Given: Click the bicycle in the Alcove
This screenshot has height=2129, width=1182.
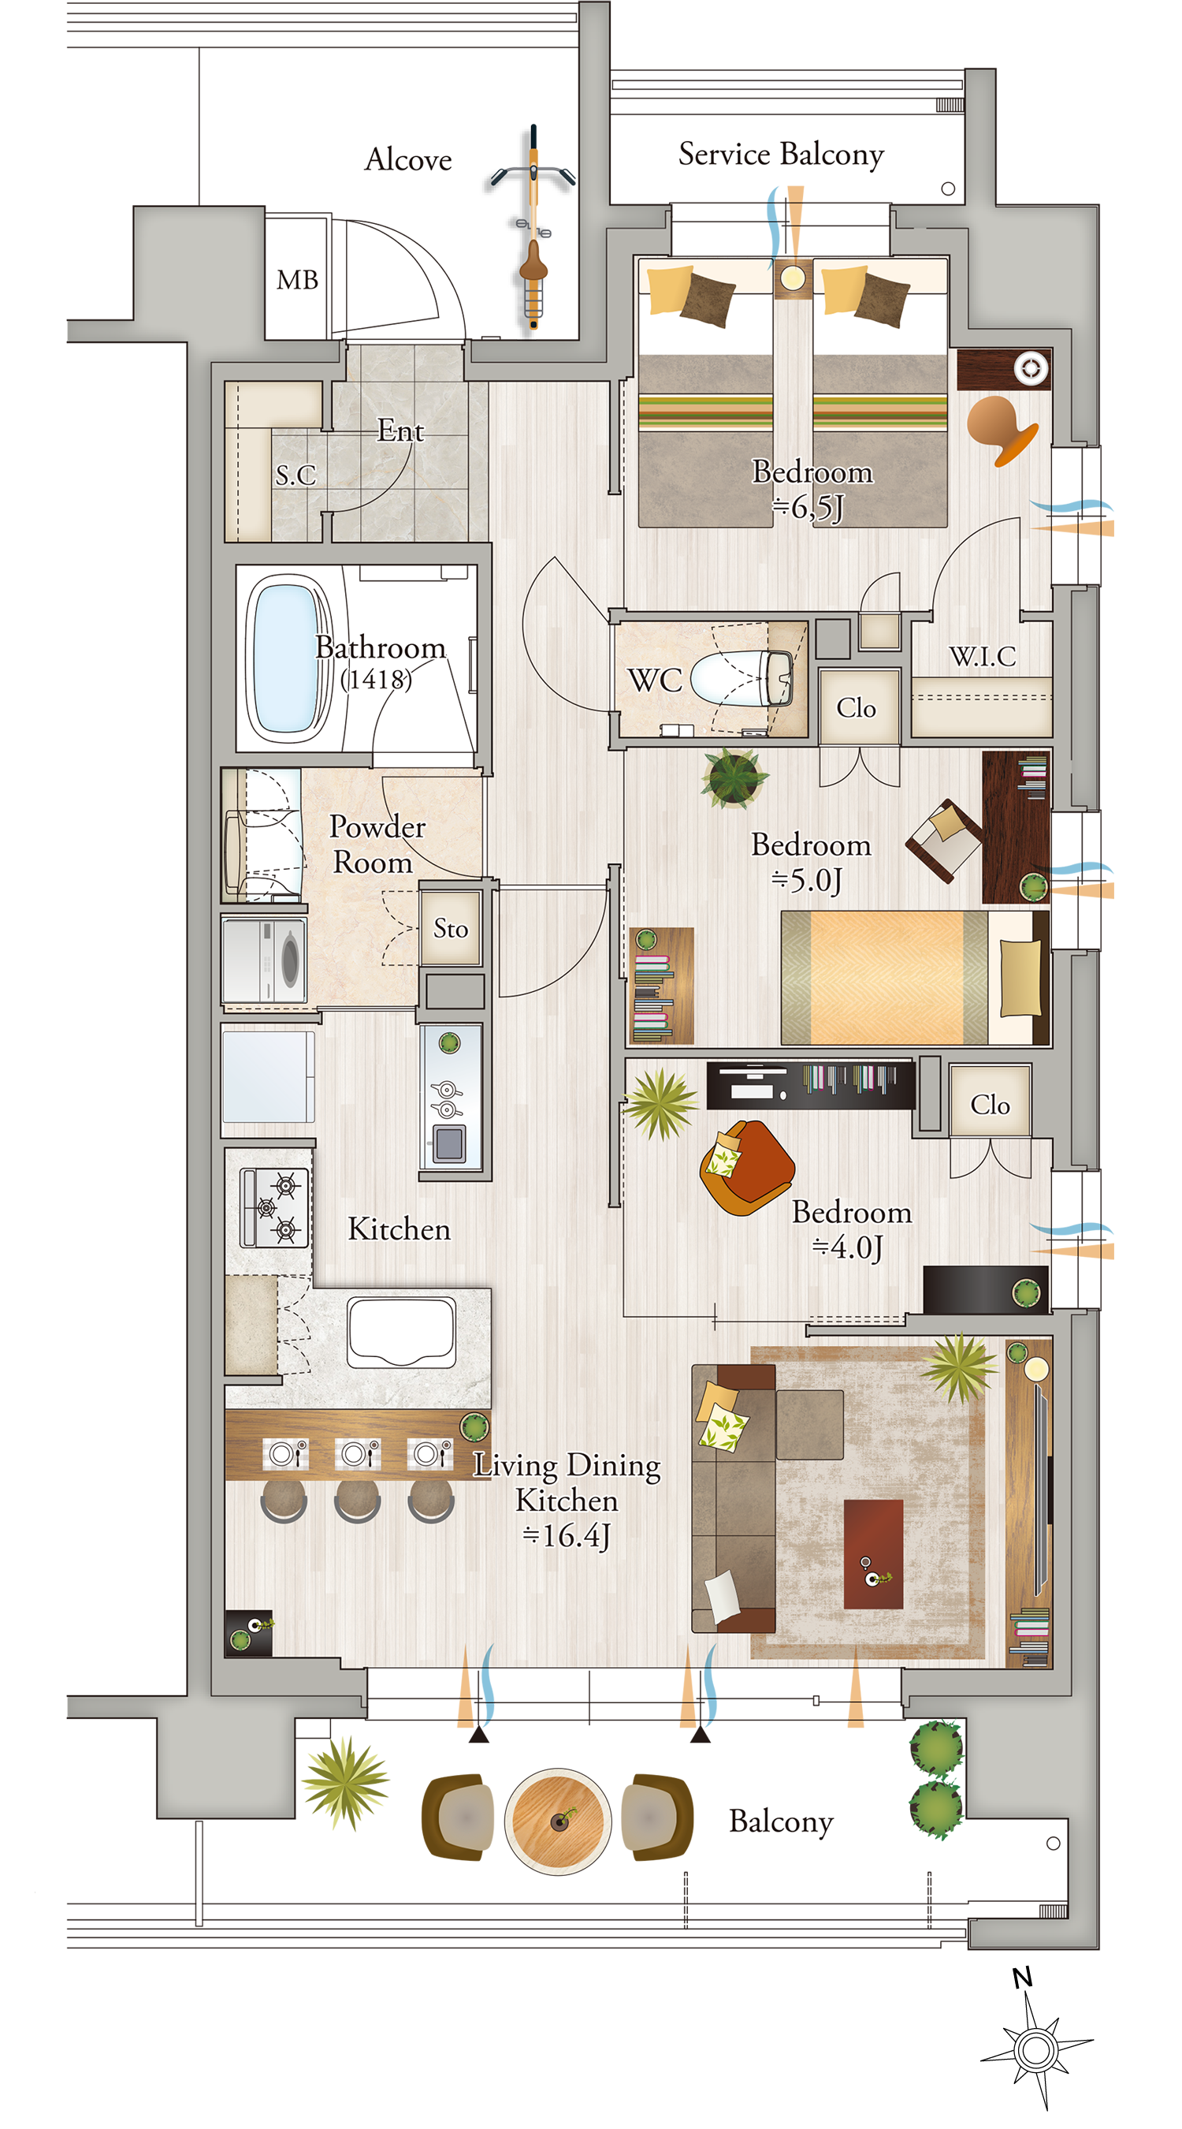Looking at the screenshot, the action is tap(533, 227).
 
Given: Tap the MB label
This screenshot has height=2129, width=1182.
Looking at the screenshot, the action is tap(297, 280).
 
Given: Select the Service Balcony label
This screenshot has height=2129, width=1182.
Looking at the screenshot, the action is tap(781, 155).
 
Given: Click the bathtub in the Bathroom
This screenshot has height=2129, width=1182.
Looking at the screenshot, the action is tap(287, 658).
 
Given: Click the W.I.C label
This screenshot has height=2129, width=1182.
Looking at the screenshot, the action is tap(982, 656).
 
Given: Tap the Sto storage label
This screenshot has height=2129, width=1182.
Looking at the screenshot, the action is tap(450, 928).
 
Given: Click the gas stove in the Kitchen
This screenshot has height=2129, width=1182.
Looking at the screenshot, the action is tap(273, 1207).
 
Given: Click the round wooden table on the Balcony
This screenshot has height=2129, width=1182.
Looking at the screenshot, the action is tap(558, 1821).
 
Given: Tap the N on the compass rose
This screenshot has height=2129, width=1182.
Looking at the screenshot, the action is tap(1022, 1977).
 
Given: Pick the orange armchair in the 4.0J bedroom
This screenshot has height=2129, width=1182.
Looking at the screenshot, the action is tap(746, 1167).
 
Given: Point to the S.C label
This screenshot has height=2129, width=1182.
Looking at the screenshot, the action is tap(295, 475).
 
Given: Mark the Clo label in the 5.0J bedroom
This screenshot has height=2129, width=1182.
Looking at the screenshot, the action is tap(856, 708).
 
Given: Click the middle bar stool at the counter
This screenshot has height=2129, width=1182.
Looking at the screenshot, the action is tap(357, 1500).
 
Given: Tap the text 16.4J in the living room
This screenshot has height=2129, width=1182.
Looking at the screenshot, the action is tap(567, 1535).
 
